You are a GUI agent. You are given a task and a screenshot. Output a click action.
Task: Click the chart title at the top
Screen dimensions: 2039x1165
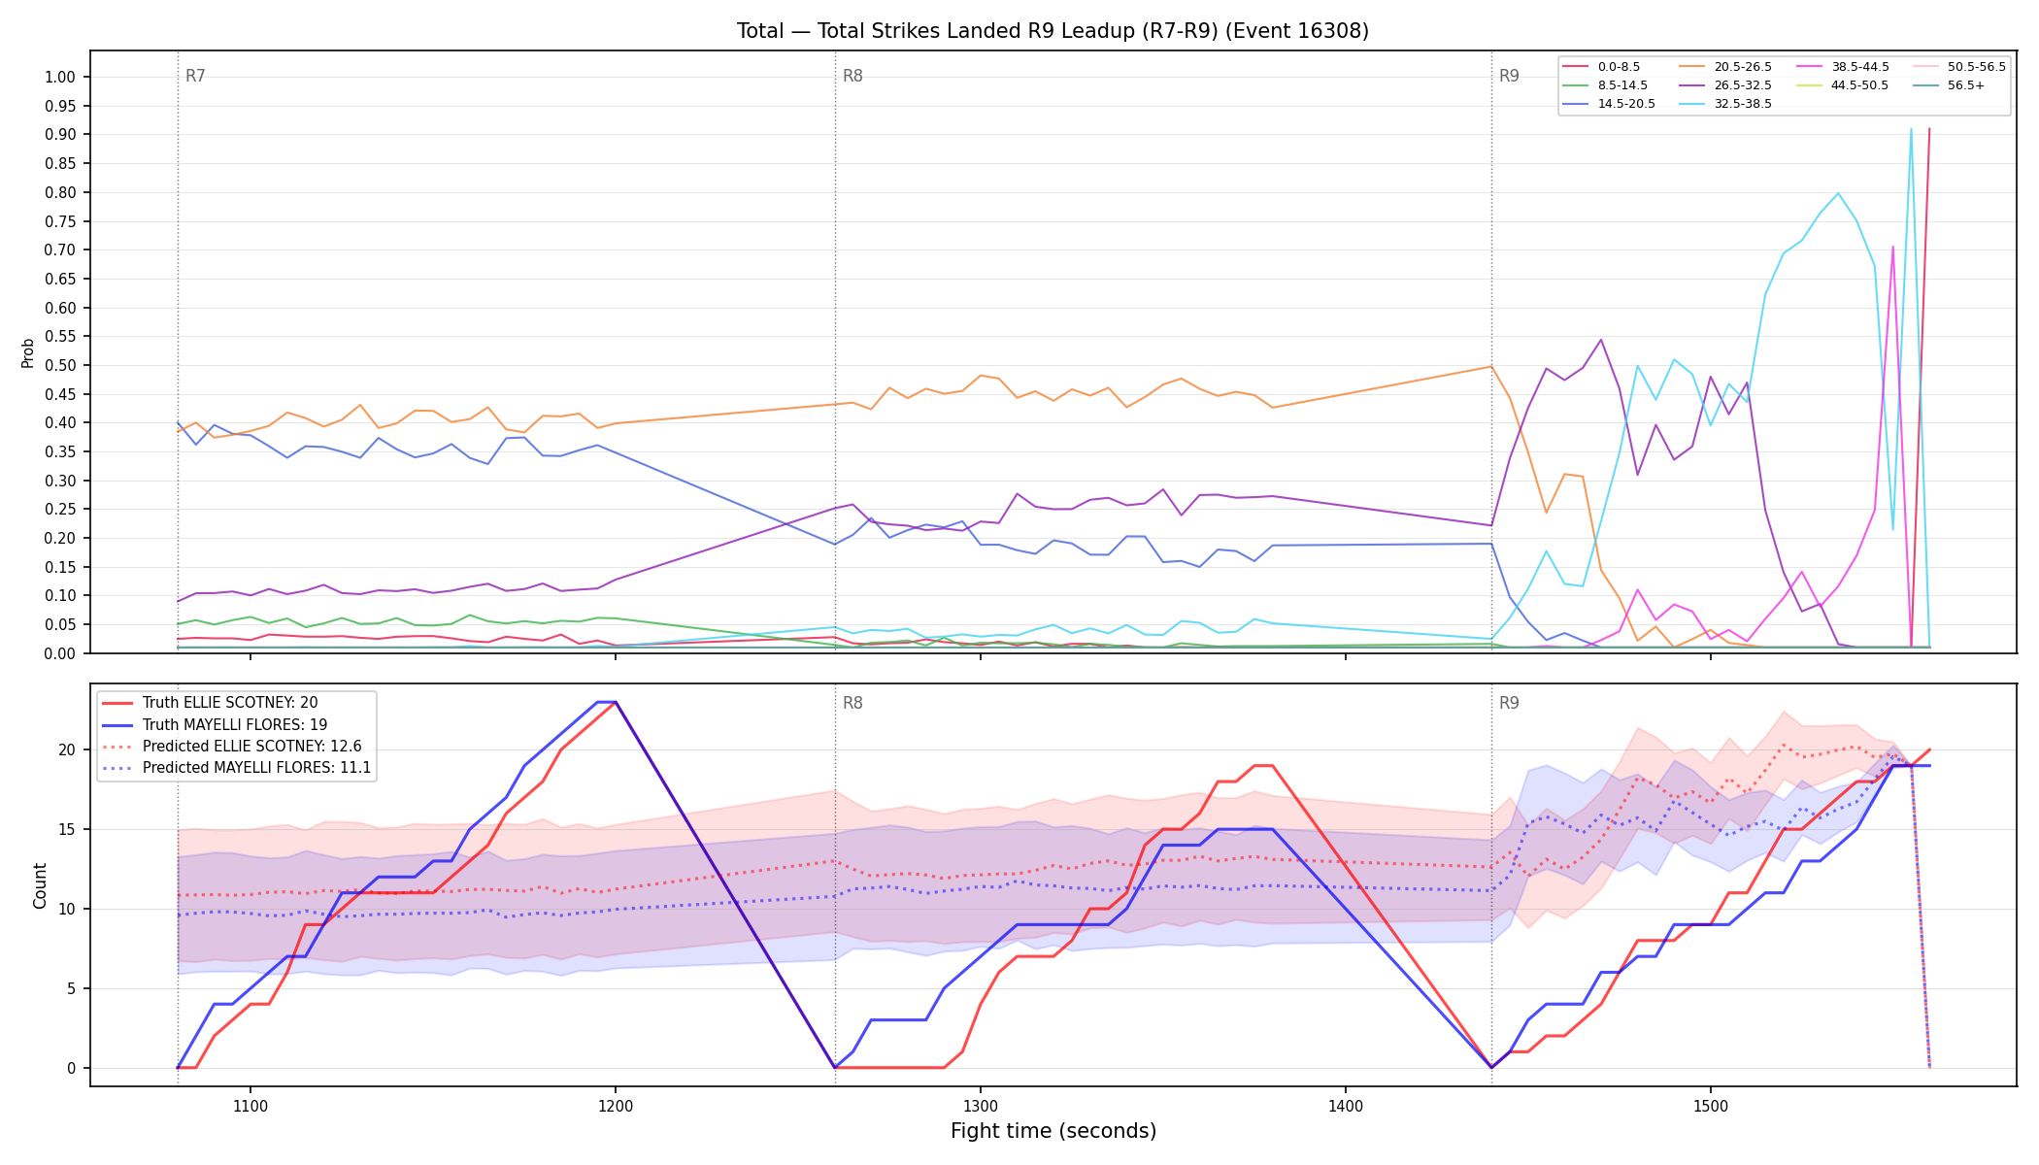pyautogui.click(x=1053, y=31)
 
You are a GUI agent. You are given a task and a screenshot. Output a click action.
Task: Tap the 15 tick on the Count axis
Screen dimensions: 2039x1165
pyautogui.click(x=67, y=830)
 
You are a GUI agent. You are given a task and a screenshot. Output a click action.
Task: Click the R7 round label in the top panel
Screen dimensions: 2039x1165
pyautogui.click(x=195, y=76)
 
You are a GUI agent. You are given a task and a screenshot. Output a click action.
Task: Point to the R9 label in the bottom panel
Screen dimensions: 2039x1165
pyautogui.click(x=1509, y=703)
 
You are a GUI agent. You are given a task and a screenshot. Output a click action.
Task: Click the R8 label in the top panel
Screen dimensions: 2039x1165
pyautogui.click(x=852, y=76)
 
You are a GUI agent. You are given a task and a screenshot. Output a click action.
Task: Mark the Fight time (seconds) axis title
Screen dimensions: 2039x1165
pyautogui.click(x=1053, y=1131)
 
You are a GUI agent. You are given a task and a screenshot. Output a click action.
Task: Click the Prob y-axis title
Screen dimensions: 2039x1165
pyautogui.click(x=28, y=352)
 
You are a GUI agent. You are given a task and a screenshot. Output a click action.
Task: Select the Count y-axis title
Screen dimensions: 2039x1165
pyautogui.click(x=40, y=885)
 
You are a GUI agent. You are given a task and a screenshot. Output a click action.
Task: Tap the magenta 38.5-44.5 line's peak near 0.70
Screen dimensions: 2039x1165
pyautogui.click(x=1892, y=247)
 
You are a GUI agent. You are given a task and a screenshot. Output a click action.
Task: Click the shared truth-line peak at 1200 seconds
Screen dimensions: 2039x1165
pyautogui.click(x=615, y=702)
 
